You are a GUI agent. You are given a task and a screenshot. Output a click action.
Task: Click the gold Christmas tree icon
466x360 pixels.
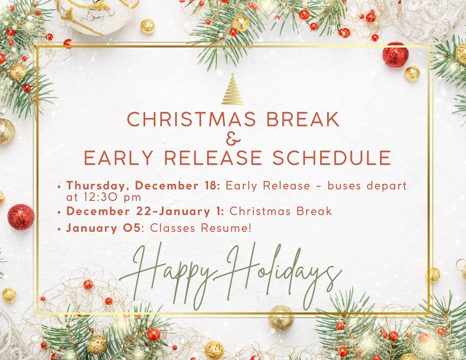pos(233,89)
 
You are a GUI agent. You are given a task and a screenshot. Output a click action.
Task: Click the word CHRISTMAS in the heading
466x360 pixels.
pos(192,119)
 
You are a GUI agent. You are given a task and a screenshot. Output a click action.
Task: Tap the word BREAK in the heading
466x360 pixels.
pos(303,119)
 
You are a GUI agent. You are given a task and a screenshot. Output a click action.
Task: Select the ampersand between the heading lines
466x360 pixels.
pos(233,138)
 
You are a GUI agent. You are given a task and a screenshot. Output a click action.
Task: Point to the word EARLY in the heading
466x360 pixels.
pos(119,157)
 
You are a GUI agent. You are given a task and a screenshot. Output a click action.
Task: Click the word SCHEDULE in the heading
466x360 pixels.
pos(332,157)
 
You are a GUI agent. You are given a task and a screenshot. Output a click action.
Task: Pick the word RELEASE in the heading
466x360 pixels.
pos(213,157)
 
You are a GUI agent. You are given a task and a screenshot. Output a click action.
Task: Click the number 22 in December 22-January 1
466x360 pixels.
pos(144,211)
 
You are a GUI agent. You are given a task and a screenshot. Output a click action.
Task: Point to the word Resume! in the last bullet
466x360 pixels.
pos(226,228)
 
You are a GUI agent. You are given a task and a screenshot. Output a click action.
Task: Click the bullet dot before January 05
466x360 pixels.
pos(60,229)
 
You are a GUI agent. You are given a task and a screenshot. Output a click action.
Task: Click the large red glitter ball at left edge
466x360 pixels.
pos(21,217)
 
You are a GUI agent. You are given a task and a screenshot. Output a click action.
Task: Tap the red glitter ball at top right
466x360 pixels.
pos(395,55)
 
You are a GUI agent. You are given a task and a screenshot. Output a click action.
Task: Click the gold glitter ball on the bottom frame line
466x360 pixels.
pos(281,318)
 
